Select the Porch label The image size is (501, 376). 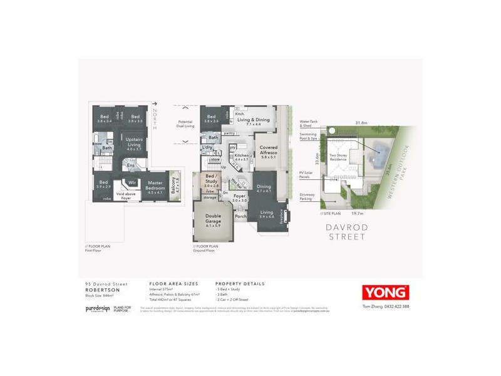click(240, 216)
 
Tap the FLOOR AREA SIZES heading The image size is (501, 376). click(170, 284)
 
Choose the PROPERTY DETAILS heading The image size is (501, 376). click(239, 284)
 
